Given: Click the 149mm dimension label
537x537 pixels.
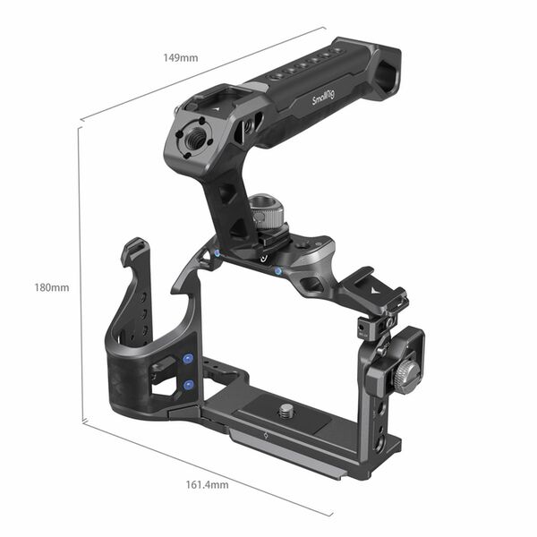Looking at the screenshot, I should [x=182, y=57].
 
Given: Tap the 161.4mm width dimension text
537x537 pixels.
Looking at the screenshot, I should [x=206, y=484].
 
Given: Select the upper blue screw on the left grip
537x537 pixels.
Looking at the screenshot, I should [x=188, y=358].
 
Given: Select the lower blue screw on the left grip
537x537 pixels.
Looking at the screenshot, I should [x=189, y=384].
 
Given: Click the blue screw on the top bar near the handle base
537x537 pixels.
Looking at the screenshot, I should [x=279, y=270].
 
